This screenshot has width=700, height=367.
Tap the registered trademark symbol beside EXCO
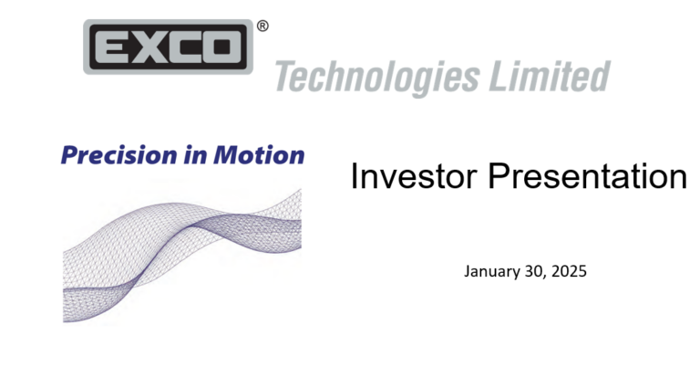coord(262,27)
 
